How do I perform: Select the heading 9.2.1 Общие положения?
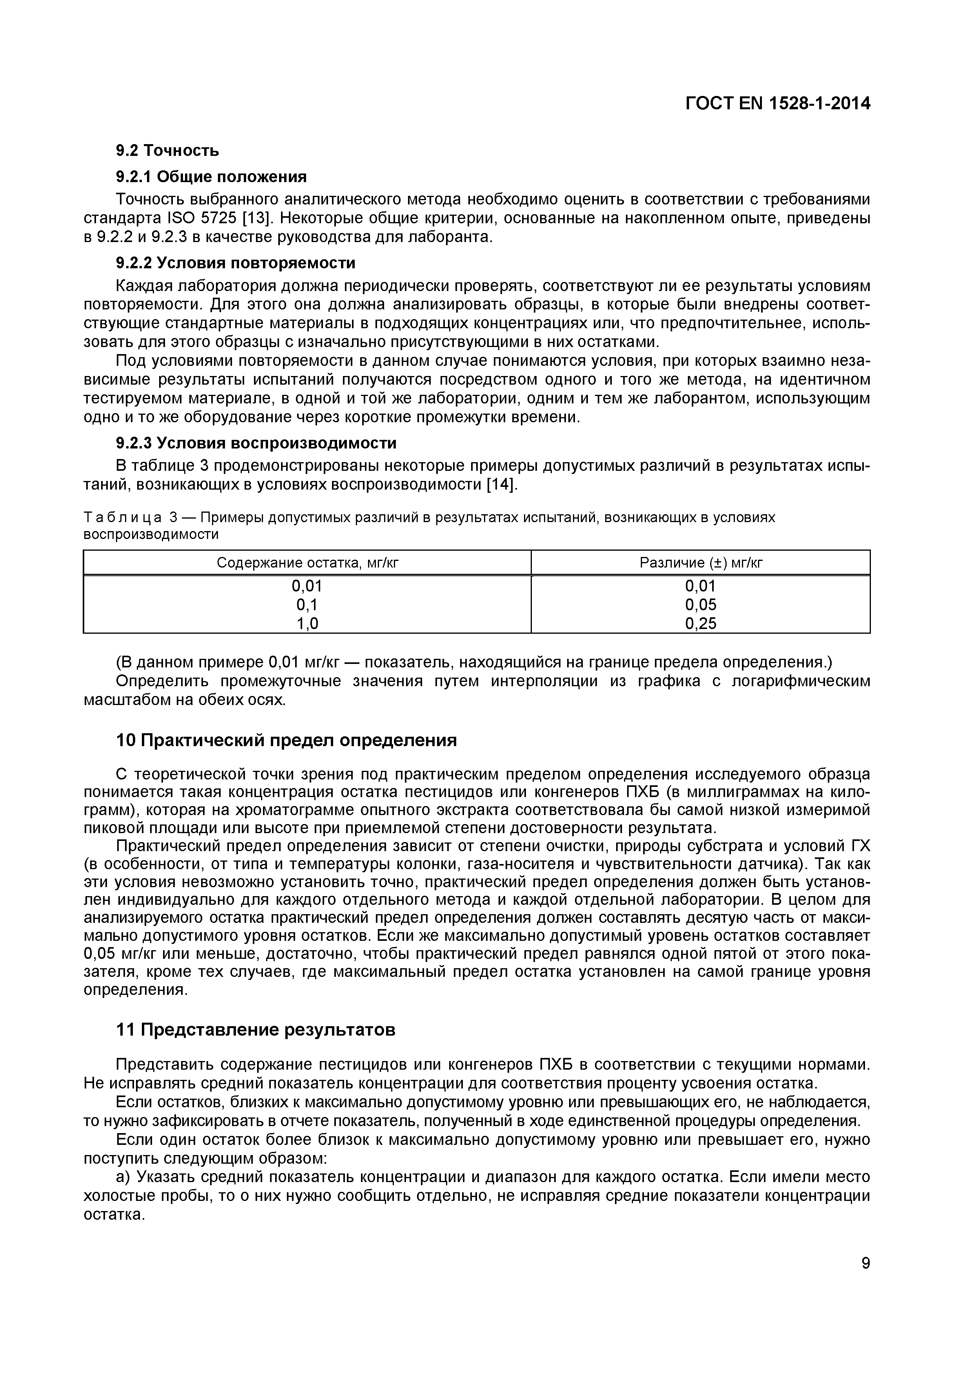point(211,177)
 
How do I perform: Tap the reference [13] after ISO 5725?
point(253,218)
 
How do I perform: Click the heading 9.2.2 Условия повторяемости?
point(236,263)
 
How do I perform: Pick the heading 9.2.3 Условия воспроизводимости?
point(256,443)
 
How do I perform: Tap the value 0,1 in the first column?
point(307,604)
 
